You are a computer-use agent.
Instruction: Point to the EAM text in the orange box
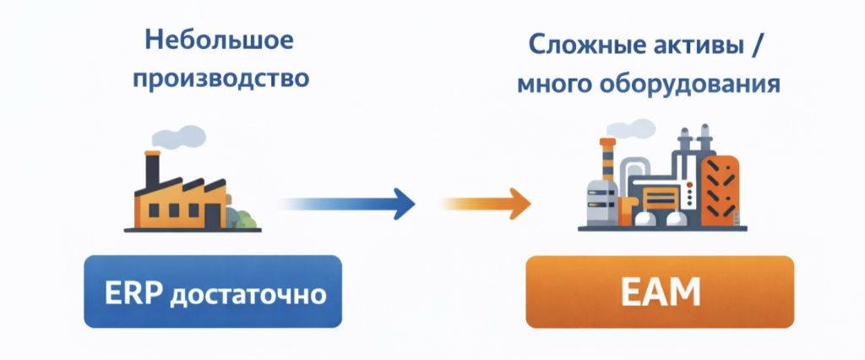(660, 292)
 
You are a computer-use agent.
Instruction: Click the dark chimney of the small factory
(152, 170)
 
